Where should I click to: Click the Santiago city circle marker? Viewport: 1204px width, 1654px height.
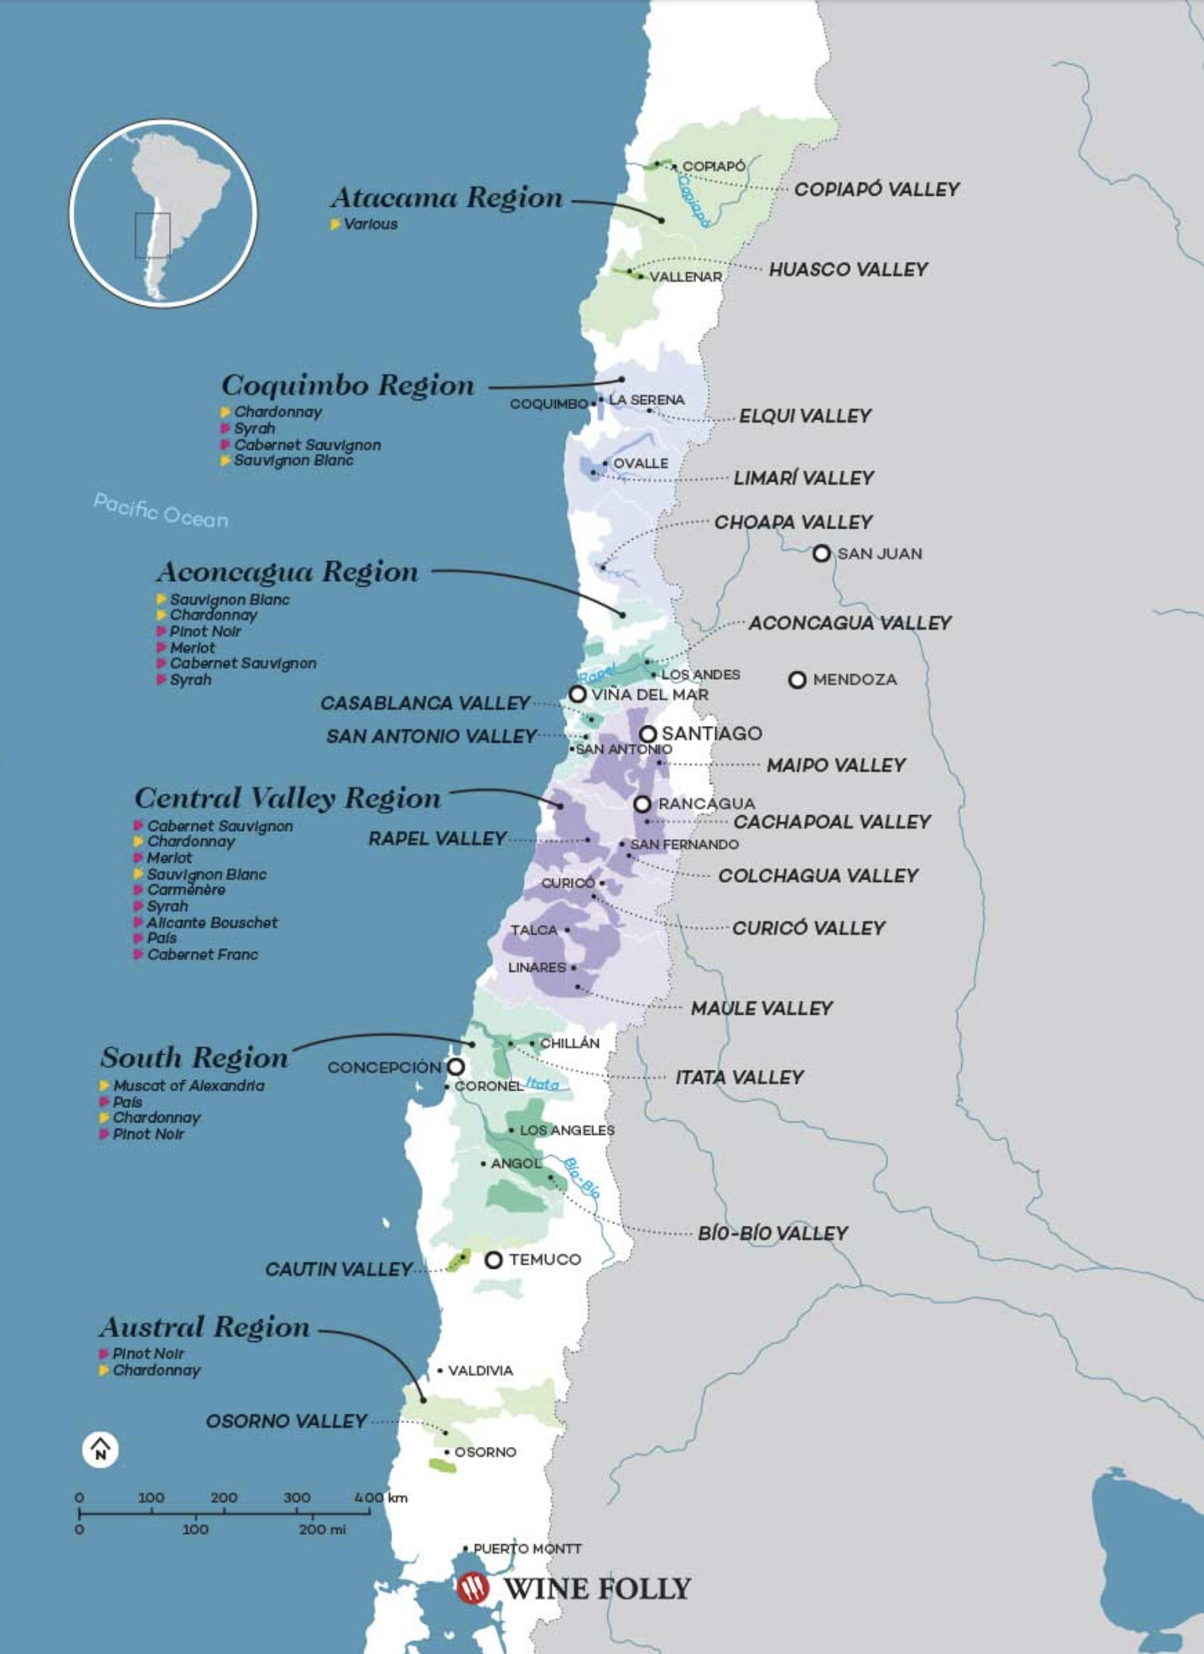[648, 733]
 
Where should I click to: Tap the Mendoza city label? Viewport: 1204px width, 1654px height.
[854, 680]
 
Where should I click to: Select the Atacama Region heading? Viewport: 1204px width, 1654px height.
[447, 197]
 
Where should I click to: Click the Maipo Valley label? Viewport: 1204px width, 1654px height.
[836, 766]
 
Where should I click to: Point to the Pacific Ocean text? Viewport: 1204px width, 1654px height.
[161, 511]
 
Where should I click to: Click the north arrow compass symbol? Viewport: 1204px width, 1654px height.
[100, 1449]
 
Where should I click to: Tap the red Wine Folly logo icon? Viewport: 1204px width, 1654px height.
[472, 1587]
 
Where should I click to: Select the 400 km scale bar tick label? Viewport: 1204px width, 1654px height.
[380, 1497]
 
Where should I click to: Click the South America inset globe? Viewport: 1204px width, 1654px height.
[163, 213]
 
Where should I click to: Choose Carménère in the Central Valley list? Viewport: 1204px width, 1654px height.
[186, 890]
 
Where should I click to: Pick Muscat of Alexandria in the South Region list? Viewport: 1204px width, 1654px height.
[188, 1086]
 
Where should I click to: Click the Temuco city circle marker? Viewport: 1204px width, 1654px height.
[494, 1259]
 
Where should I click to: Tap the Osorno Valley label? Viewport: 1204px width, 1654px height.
[287, 1422]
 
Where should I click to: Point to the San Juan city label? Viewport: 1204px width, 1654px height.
[879, 554]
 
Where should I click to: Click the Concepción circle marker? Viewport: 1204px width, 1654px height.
[455, 1067]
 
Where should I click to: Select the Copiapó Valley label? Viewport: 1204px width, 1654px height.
[877, 189]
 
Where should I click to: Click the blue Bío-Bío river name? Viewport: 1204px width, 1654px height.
[581, 1178]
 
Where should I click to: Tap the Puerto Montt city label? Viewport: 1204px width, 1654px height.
[527, 1548]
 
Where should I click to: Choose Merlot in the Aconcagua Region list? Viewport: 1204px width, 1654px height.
[192, 648]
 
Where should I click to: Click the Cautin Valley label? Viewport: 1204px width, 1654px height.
[338, 1270]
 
